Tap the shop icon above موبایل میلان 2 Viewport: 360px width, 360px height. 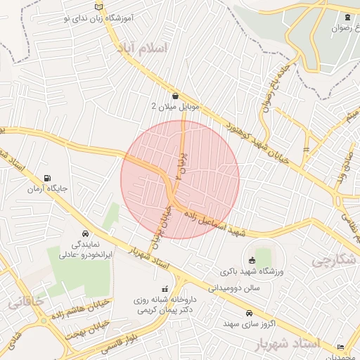point(175,96)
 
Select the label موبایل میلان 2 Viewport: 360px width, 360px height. point(176,107)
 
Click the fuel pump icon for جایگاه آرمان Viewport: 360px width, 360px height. point(47,179)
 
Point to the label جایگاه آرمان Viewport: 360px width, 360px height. point(46,190)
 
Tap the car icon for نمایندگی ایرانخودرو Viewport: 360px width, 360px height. point(84,233)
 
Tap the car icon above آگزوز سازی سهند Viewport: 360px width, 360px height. point(249,313)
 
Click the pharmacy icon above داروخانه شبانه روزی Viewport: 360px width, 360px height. point(165,288)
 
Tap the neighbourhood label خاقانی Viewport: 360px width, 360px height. point(27,304)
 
